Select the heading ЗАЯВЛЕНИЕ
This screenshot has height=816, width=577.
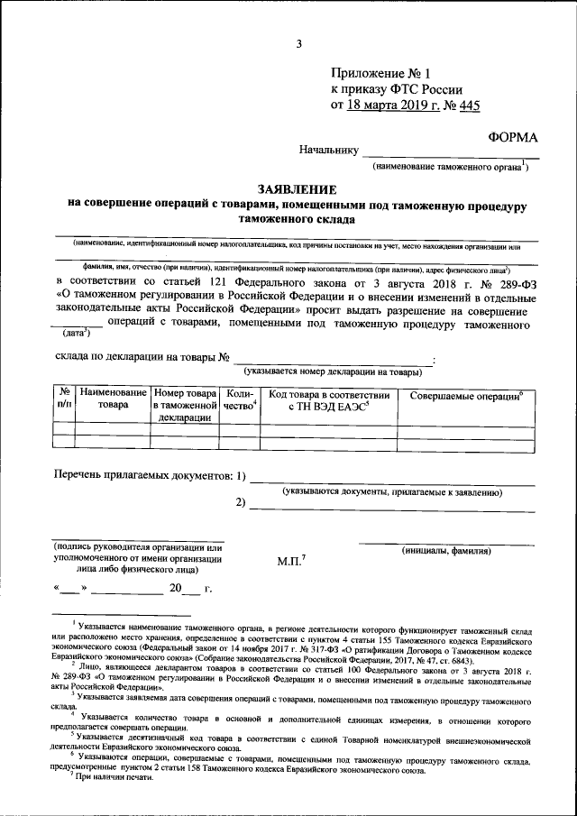297,189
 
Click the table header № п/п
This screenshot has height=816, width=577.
64,399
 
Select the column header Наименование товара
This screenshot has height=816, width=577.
113,399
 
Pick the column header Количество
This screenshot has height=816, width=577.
240,399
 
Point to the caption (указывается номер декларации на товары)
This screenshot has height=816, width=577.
332,371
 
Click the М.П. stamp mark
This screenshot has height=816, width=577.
291,560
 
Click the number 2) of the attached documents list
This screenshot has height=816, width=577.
240,502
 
